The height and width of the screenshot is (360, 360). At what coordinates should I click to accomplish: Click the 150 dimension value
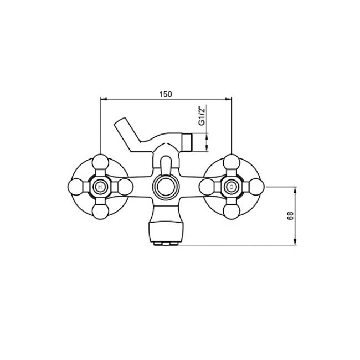click(x=165, y=94)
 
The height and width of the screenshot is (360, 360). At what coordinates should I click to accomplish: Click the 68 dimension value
click(x=290, y=216)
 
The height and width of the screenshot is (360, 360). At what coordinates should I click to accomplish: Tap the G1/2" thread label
click(x=202, y=116)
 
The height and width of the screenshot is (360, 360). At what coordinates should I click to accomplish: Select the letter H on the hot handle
click(x=100, y=187)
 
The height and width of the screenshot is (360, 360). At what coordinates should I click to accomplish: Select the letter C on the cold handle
click(x=231, y=187)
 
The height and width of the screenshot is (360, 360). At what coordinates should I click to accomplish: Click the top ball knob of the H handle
click(x=100, y=162)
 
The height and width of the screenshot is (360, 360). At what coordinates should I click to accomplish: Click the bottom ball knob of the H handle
click(x=100, y=212)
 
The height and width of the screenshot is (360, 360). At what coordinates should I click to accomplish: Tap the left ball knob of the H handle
click(x=76, y=187)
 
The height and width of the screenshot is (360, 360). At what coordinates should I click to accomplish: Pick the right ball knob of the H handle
click(x=125, y=187)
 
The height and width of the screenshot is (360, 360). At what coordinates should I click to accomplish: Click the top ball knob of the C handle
click(x=232, y=162)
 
